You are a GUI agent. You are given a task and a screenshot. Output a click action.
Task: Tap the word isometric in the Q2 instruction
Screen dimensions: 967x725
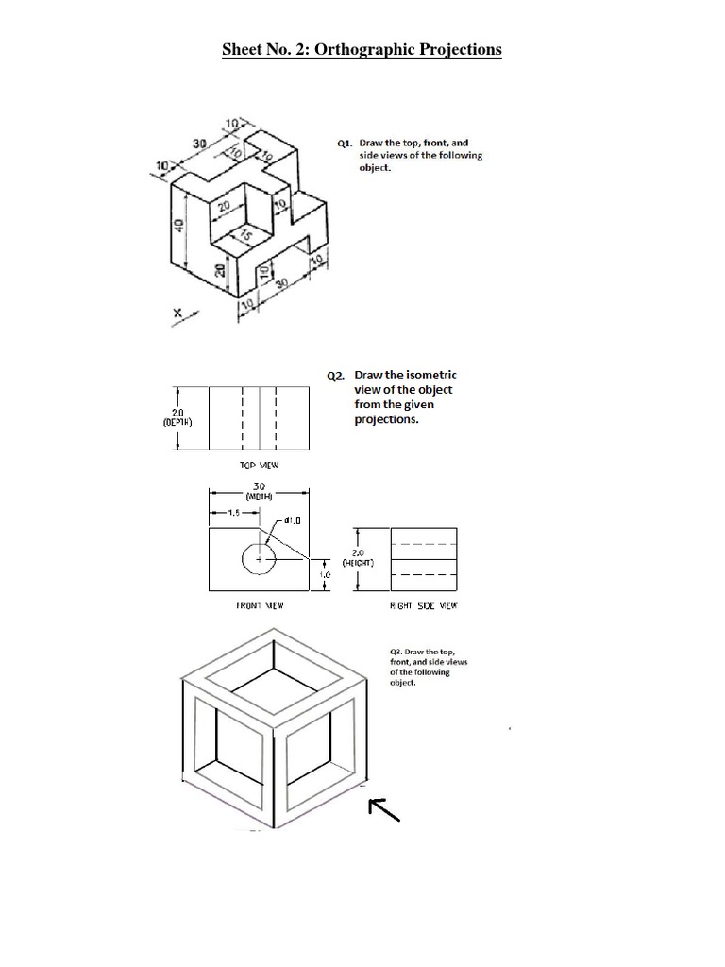click(432, 375)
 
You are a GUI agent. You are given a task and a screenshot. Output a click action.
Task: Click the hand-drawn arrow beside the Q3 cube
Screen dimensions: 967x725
click(384, 808)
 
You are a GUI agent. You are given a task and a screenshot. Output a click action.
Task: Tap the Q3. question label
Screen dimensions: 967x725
click(396, 652)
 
